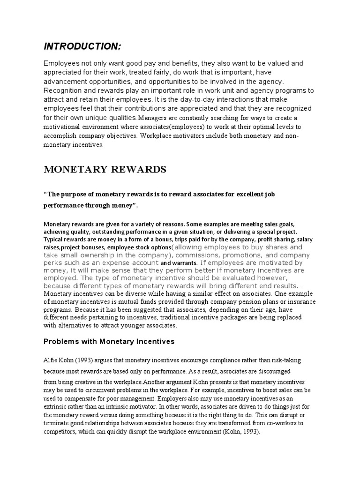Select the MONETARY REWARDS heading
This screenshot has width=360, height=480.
click(x=105, y=170)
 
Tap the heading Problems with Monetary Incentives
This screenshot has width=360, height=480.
click(x=109, y=342)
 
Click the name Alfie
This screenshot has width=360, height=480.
click(x=51, y=360)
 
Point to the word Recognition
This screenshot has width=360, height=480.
click(x=64, y=90)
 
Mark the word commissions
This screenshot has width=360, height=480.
click(x=202, y=255)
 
